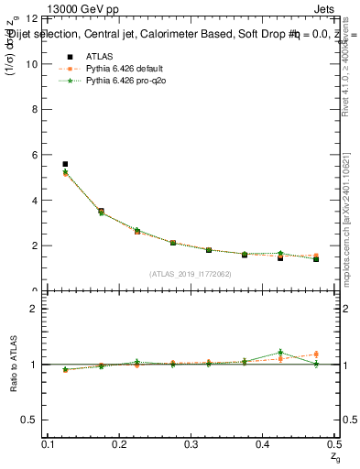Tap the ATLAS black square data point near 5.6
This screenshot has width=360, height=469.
65,164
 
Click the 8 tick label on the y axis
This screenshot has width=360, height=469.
34,110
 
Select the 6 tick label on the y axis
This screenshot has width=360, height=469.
34,155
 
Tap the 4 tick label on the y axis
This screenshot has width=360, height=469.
34,201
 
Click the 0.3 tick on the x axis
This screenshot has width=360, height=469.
191,444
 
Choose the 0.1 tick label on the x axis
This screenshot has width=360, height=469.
48,444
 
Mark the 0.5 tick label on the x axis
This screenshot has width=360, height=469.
333,444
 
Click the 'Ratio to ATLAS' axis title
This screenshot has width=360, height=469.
12,365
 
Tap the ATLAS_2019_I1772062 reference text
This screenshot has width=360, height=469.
191,274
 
